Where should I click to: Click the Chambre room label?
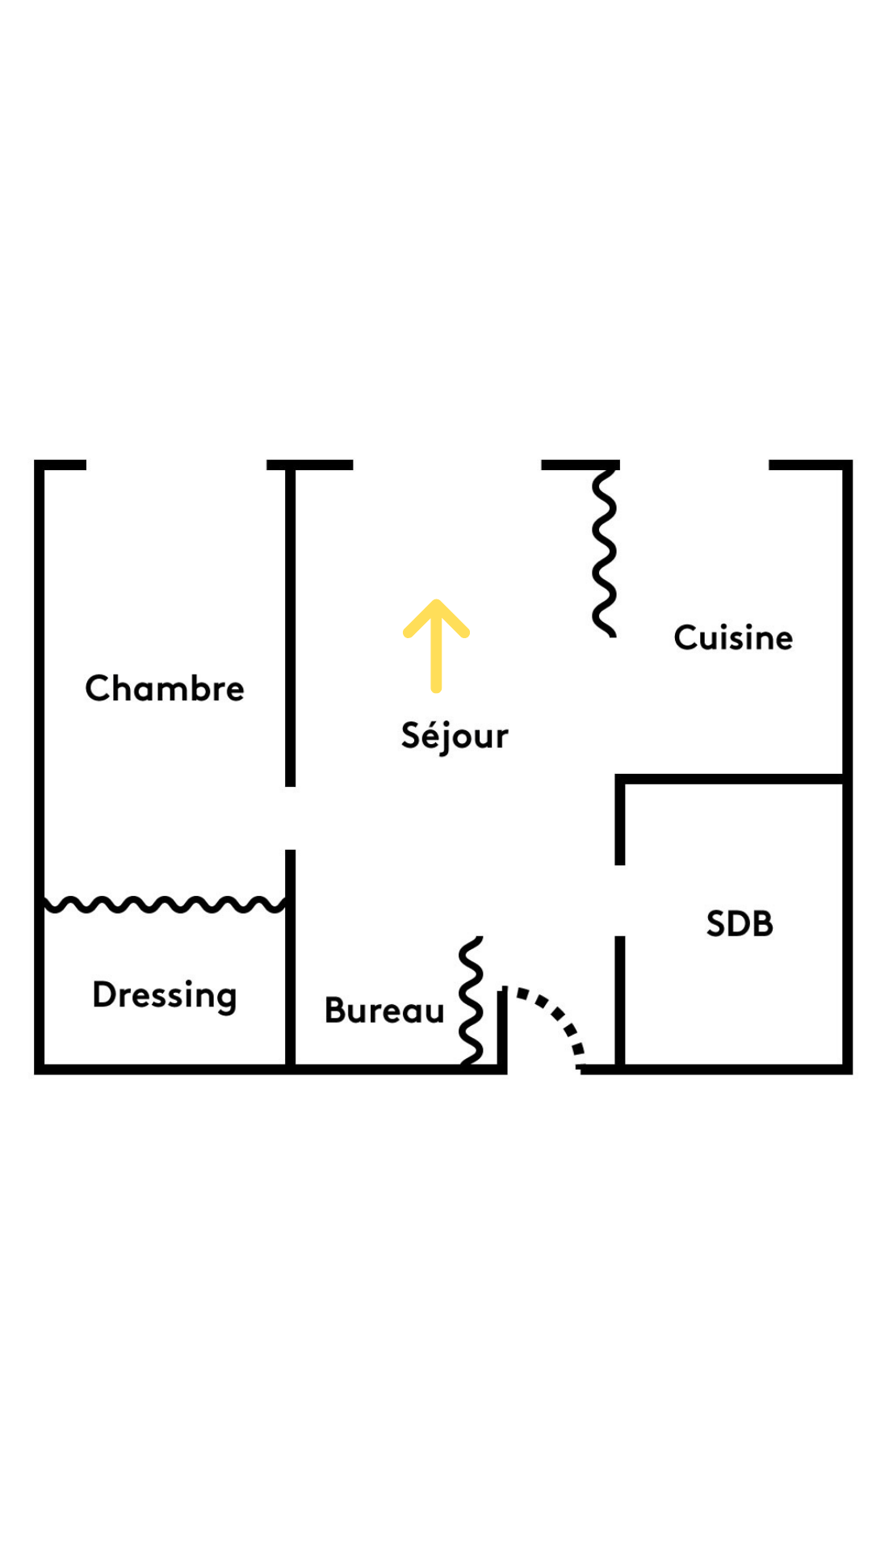click(165, 688)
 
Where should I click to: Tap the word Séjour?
click(455, 736)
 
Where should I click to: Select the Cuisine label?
click(733, 637)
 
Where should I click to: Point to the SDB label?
click(740, 923)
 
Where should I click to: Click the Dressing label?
click(165, 994)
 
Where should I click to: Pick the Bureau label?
click(384, 1011)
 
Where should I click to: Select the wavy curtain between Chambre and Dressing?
click(165, 904)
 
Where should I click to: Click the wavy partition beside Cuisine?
click(604, 553)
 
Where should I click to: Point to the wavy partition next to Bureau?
click(471, 1000)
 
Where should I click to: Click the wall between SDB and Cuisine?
click(731, 779)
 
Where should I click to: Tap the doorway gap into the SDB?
click(620, 900)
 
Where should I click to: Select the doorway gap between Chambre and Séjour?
click(290, 818)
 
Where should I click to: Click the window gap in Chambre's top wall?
click(176, 464)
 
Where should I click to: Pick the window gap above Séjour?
click(446, 464)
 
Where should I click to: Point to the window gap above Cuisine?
click(694, 464)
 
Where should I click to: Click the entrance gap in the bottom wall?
click(543, 1069)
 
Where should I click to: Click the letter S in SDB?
click(716, 923)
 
